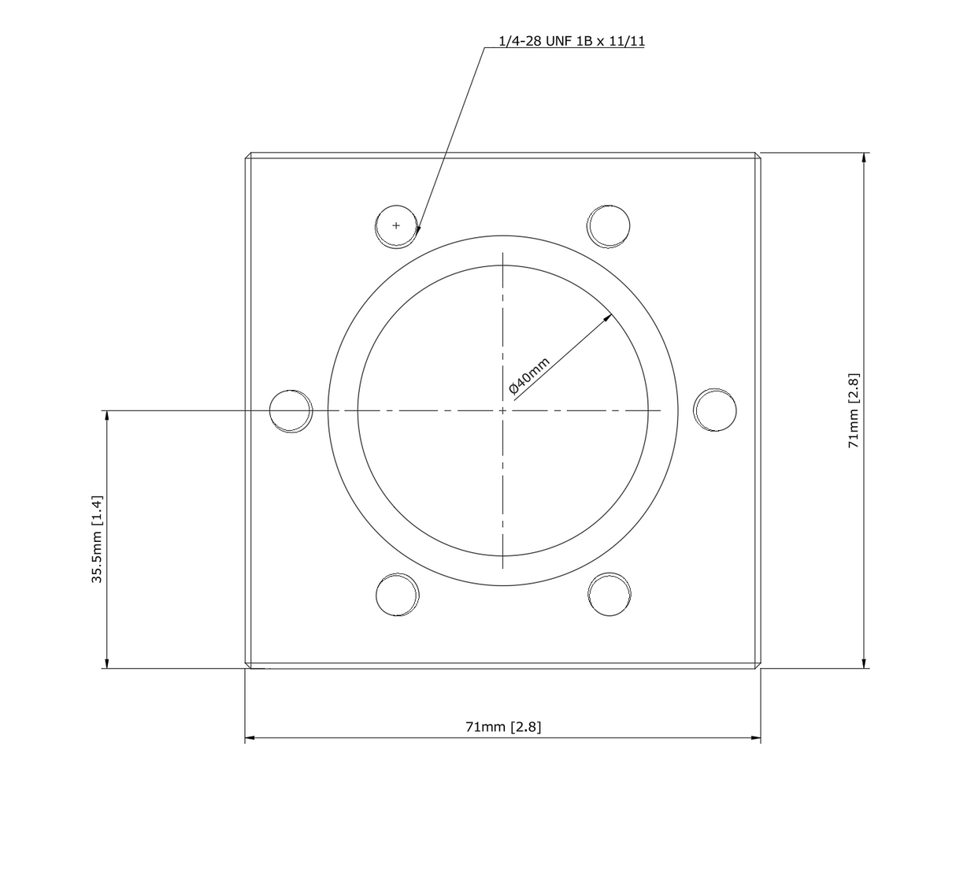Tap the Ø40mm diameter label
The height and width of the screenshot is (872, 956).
pos(528,377)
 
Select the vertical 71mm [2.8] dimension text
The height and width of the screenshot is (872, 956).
pos(854,410)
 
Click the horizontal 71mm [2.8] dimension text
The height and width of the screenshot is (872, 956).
pos(503,726)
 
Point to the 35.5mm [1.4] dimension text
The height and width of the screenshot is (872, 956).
pos(97,540)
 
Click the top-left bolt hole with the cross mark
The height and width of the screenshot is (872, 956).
pos(396,226)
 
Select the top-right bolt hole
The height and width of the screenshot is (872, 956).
pos(609,225)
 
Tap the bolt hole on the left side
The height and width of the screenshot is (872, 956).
pos(291,410)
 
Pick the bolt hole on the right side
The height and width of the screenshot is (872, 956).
pos(715,410)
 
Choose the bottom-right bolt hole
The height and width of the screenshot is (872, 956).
pos(610,595)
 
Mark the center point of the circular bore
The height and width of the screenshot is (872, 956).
pos(502,410)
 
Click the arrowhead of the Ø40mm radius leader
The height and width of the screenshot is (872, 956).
pos(608,317)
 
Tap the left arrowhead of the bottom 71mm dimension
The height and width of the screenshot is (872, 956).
pos(250,739)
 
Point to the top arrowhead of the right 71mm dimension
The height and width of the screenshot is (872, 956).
pos(865,158)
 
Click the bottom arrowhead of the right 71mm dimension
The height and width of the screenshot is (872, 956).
pos(865,663)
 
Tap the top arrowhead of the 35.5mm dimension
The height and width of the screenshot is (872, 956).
pos(106,415)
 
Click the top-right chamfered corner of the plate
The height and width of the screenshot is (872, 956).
pos(758,155)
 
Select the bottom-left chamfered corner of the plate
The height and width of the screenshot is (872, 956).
pos(247,666)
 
